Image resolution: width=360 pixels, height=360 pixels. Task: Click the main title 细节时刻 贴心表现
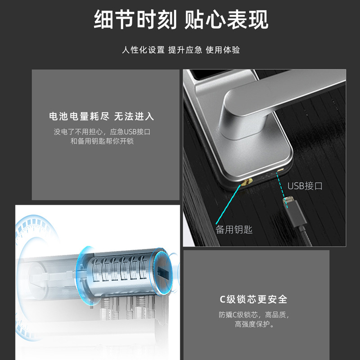[181, 20]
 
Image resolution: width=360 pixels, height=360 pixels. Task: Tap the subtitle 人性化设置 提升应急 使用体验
[181, 50]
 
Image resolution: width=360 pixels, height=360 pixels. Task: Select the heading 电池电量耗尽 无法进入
[102, 117]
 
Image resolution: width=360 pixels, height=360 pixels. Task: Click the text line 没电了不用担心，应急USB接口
[102, 132]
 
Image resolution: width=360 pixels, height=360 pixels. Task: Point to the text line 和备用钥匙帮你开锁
[102, 141]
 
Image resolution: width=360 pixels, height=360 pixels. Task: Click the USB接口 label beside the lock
[305, 186]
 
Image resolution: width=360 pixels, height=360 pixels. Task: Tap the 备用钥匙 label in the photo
[234, 229]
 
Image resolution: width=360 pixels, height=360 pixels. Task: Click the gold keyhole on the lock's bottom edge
[247, 183]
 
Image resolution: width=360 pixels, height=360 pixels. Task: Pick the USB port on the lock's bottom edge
[280, 170]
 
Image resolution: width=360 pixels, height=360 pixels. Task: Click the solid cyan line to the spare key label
[228, 204]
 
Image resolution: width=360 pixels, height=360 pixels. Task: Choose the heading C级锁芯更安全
[253, 299]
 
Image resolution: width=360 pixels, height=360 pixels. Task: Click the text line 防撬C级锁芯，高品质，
[254, 315]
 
